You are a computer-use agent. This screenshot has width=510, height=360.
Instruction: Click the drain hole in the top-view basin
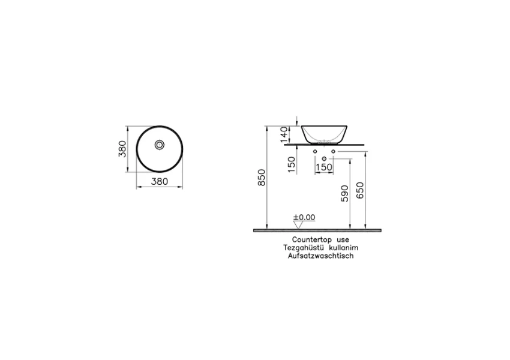click(x=160, y=145)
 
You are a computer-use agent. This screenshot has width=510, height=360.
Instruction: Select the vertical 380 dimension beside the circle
click(x=122, y=149)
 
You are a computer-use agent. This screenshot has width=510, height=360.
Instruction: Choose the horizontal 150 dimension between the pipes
click(x=324, y=168)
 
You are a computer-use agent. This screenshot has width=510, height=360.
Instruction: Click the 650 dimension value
click(x=359, y=190)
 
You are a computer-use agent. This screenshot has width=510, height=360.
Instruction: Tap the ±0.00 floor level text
click(x=304, y=217)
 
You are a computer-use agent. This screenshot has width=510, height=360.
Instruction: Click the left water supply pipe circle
click(x=316, y=151)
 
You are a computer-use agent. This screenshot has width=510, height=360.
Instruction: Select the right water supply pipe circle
click(x=332, y=151)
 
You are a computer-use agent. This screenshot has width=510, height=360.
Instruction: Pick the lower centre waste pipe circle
click(x=324, y=158)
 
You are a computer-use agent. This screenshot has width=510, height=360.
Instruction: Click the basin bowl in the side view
click(x=324, y=133)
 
